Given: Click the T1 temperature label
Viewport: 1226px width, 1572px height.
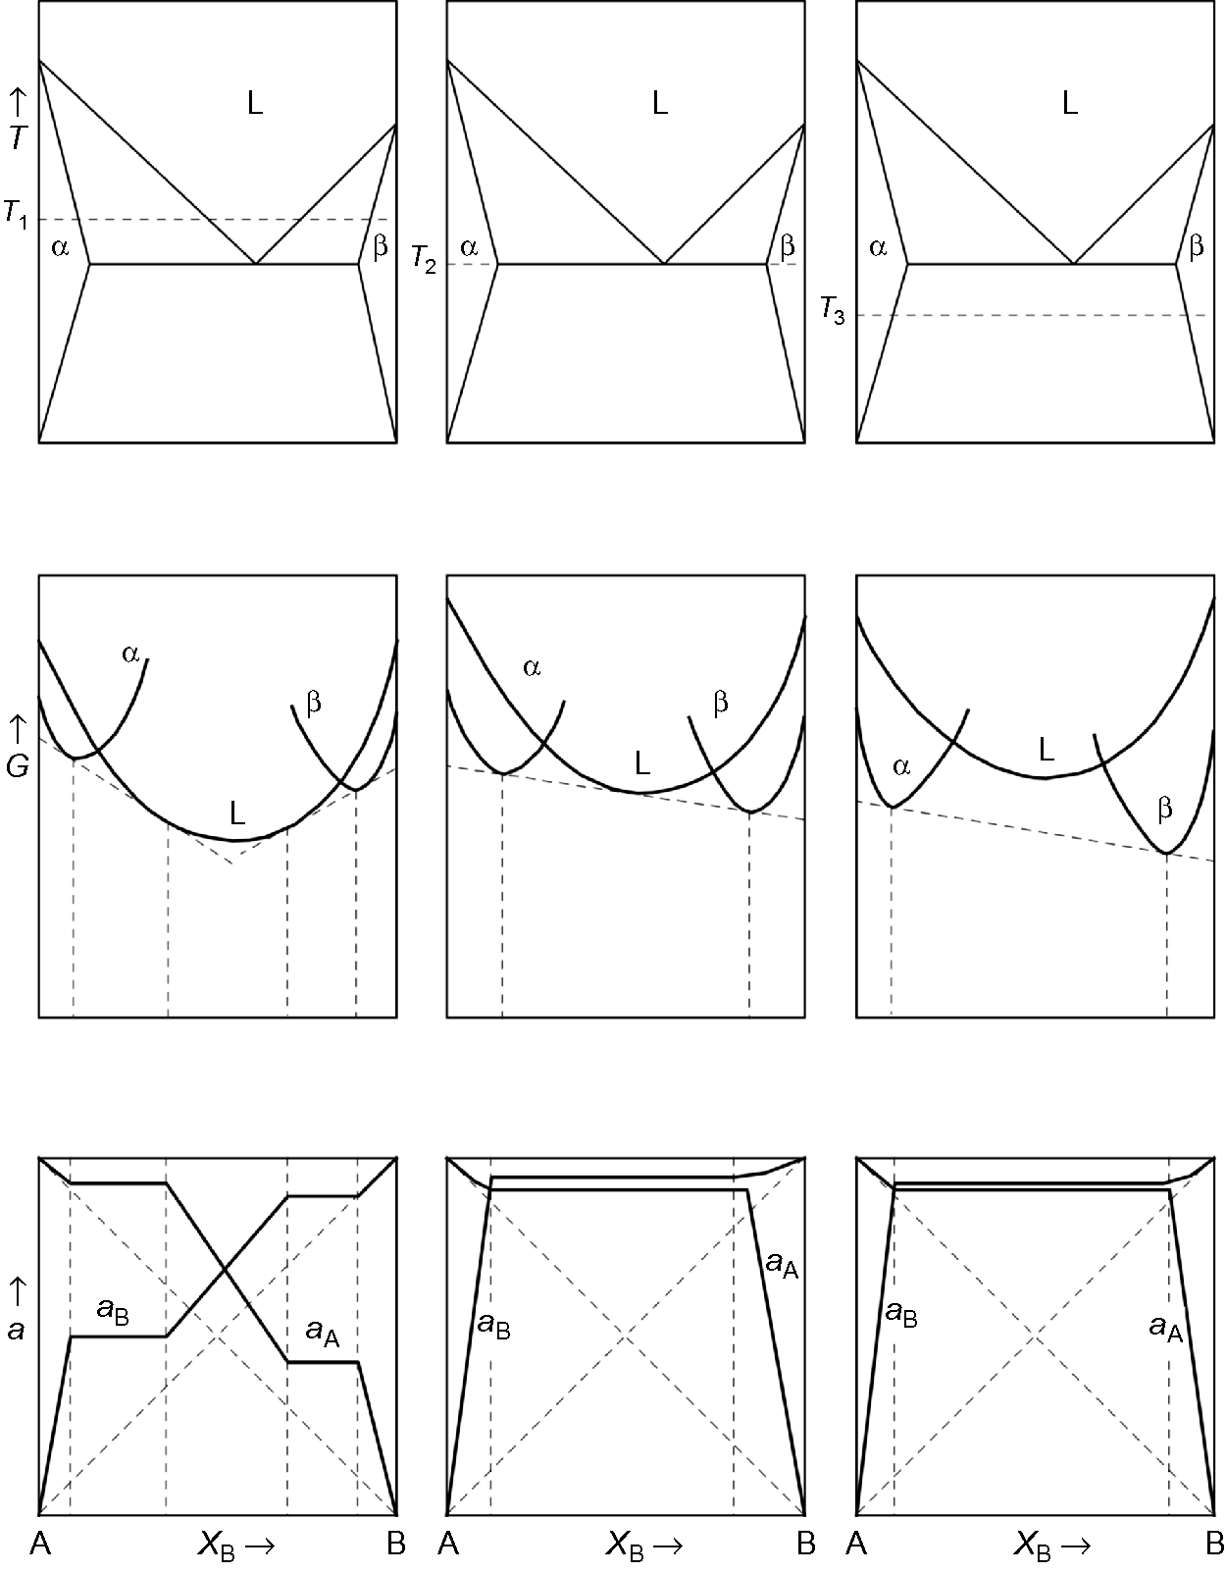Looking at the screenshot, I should (16, 215).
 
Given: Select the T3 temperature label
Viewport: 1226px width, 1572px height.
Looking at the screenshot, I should (833, 313).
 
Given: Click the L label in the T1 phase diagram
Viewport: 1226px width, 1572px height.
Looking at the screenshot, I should (254, 103).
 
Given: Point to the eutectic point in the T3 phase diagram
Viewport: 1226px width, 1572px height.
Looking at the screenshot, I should (1074, 263).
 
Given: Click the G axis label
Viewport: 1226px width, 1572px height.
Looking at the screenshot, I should (17, 766).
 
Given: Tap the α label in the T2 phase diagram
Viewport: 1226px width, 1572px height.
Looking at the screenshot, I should (469, 247).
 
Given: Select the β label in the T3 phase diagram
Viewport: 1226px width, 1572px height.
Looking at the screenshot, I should (1196, 247).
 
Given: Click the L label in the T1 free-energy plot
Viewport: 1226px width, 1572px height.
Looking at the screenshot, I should (236, 812).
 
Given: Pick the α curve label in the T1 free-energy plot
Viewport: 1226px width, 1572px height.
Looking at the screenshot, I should (130, 653).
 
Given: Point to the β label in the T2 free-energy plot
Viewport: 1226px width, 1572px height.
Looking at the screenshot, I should (721, 703).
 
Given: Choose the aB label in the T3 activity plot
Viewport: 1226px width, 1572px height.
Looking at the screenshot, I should (901, 1314).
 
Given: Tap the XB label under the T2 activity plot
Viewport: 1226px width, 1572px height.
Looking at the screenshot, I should (643, 1546).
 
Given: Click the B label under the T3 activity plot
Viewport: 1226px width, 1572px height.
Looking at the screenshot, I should (1213, 1545).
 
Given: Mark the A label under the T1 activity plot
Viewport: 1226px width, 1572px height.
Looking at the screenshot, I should (39, 1545).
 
